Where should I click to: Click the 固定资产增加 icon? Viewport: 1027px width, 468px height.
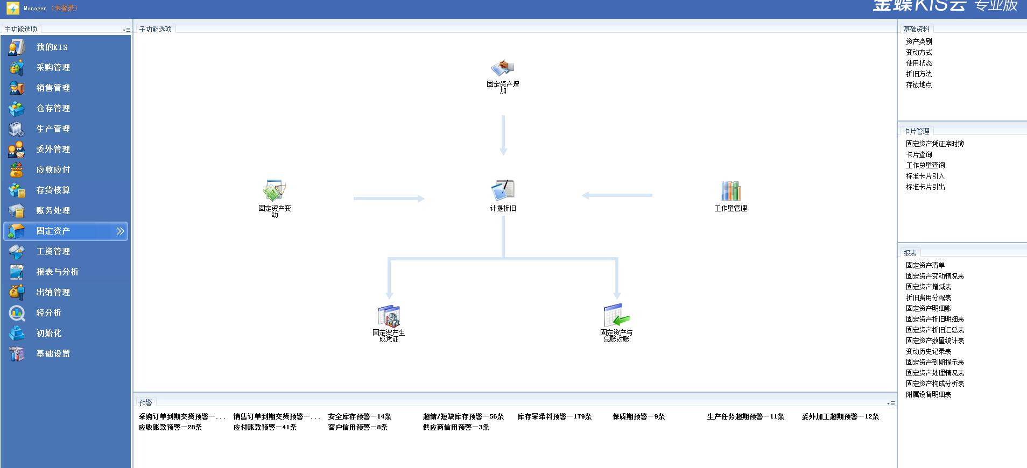503,68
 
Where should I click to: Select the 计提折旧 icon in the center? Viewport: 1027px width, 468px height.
503,190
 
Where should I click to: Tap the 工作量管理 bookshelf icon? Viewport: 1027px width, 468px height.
730,190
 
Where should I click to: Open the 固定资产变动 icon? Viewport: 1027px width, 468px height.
275,190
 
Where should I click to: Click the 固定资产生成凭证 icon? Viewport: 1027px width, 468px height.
389,316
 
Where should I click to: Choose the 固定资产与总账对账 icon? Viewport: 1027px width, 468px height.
616,316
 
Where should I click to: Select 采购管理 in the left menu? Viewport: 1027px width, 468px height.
53,68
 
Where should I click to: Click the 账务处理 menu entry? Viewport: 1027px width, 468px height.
53,211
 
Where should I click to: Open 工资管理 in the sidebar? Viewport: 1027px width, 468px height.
53,252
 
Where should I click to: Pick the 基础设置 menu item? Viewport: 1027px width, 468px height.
53,354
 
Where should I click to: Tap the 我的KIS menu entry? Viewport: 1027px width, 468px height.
52,47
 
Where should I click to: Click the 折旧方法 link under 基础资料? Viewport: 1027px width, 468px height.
919,74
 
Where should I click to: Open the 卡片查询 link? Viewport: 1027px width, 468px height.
919,154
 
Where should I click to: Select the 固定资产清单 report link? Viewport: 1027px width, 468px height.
925,265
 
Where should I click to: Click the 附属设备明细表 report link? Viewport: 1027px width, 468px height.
928,394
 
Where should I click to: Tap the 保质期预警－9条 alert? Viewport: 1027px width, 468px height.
638,416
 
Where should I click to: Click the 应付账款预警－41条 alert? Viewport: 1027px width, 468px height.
265,427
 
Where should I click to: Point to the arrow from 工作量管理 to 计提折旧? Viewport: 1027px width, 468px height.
617,195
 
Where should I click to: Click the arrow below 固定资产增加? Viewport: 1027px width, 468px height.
503,134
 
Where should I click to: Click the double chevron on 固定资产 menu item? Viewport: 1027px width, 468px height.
120,231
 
